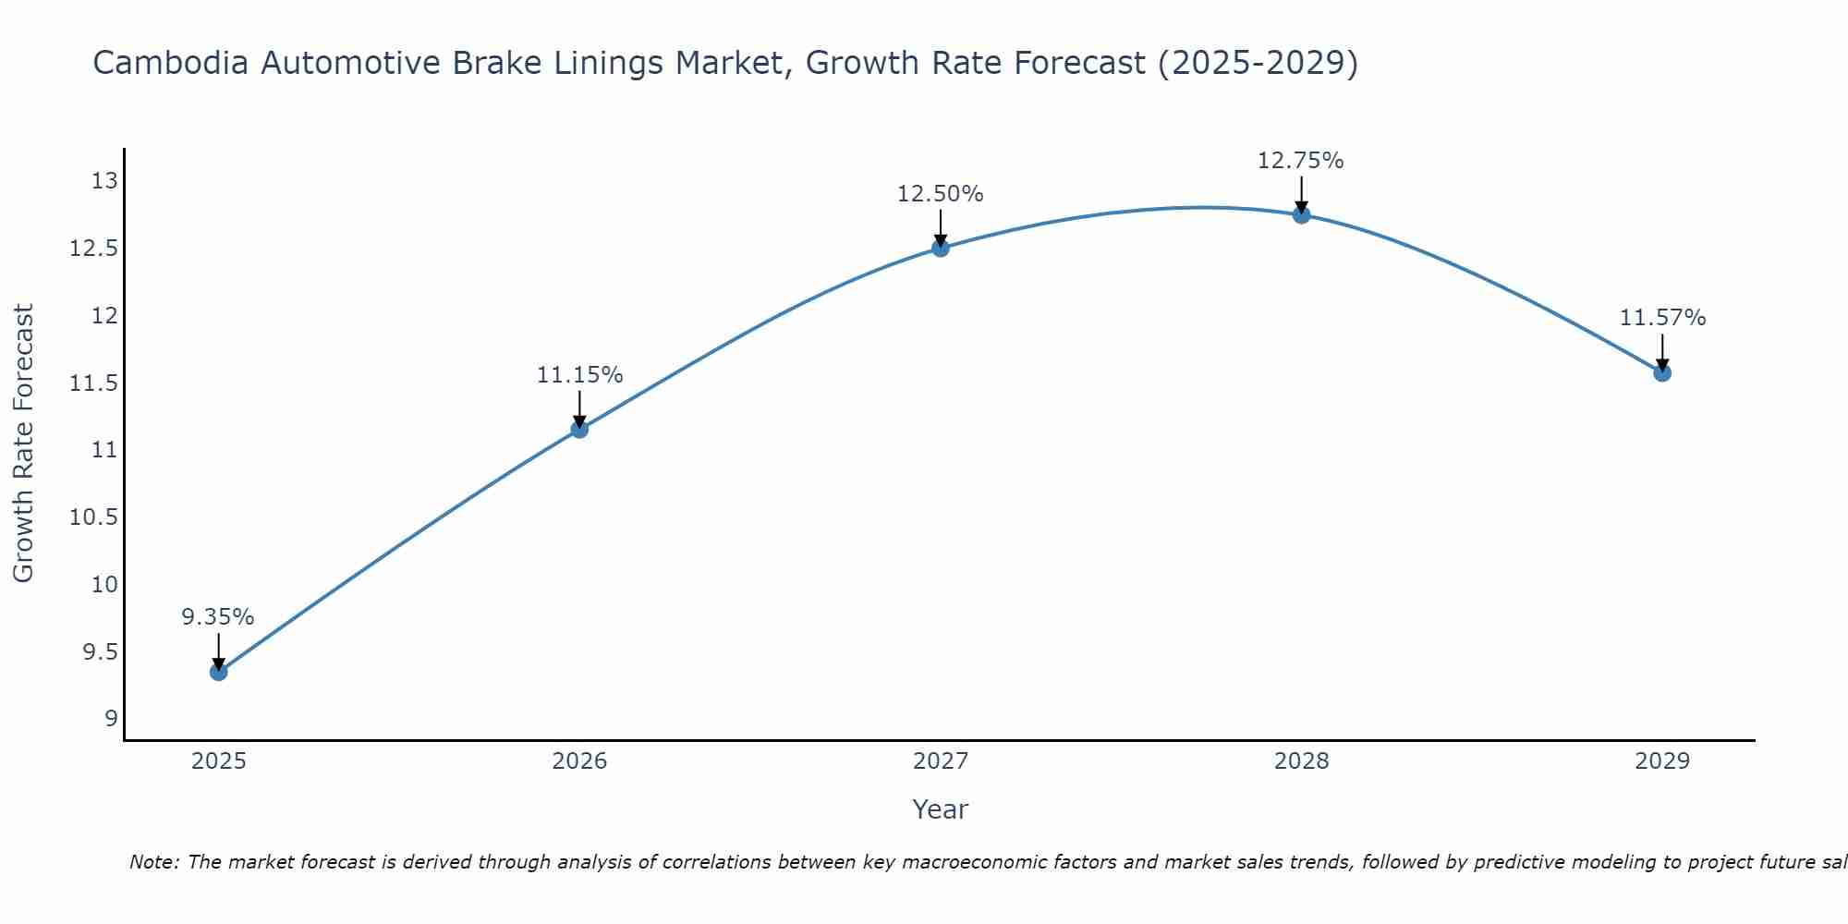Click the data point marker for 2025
click(x=219, y=672)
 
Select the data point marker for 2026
click(x=579, y=429)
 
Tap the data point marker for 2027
click(x=941, y=248)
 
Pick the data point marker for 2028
click(x=1301, y=215)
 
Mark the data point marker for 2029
click(x=1662, y=373)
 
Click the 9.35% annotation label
click(x=218, y=617)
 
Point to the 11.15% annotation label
click(x=579, y=375)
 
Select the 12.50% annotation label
click(x=941, y=194)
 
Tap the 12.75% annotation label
click(x=1301, y=161)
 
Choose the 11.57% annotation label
click(x=1662, y=318)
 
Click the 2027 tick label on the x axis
click(x=941, y=761)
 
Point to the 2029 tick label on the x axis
click(x=1662, y=761)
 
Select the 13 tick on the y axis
click(x=105, y=181)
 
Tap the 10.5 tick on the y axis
click(x=94, y=517)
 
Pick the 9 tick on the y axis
click(x=111, y=719)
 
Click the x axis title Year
click(x=941, y=809)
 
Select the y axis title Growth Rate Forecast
click(x=24, y=444)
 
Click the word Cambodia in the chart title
click(x=171, y=64)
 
